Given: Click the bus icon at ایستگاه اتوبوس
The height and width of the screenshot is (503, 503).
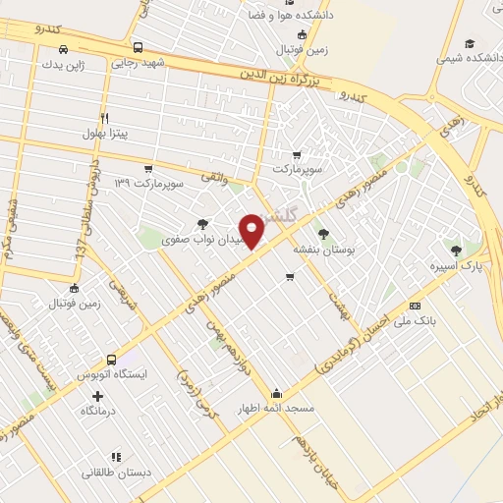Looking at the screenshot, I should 112,360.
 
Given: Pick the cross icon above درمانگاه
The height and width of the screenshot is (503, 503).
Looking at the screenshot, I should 97,396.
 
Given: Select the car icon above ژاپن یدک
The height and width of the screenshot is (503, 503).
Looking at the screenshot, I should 64,49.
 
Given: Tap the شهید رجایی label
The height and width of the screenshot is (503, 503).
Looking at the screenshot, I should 140,62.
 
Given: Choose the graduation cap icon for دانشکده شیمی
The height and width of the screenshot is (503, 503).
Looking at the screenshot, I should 470,43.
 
